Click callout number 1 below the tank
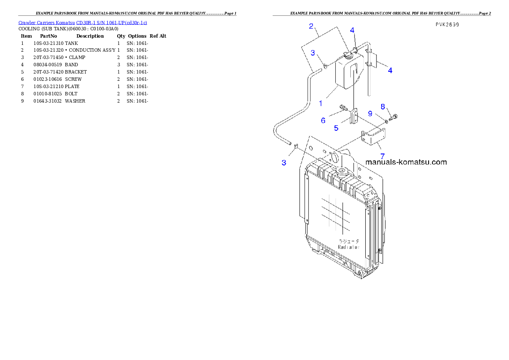click(320, 103)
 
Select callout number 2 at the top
click(311, 26)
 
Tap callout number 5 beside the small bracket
click(336, 127)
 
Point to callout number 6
click(323, 121)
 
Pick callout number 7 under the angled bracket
click(382, 156)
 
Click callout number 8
click(383, 106)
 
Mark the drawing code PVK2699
click(447, 25)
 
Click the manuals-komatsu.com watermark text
click(406, 162)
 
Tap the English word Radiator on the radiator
click(349, 247)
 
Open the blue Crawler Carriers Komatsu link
click(83, 22)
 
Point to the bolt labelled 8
click(394, 116)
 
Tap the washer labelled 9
click(386, 121)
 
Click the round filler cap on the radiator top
click(342, 172)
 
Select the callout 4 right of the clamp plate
click(390, 71)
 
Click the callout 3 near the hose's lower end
click(284, 162)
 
